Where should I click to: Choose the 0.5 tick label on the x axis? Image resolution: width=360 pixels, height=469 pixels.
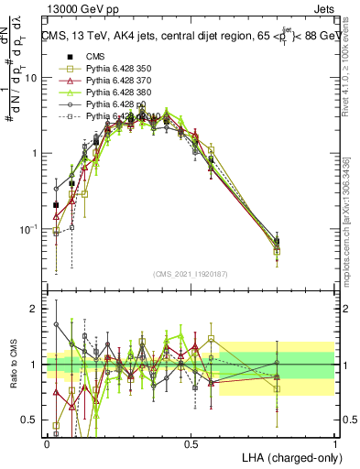pyautogui.click(x=191, y=443)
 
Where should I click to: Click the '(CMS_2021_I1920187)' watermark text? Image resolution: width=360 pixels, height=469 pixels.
pyautogui.click(x=191, y=273)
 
